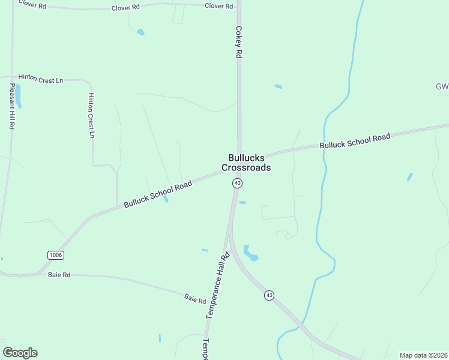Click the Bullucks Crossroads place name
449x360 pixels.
246,163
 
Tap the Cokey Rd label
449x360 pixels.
238,41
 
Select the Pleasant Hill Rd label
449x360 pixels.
11,107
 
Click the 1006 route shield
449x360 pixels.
56,255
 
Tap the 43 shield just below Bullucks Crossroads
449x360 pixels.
238,183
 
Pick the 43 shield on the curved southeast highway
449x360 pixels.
270,295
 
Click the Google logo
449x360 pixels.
20,353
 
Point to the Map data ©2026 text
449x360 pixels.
424,355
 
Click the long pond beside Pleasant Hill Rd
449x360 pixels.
18,95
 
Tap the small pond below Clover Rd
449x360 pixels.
140,32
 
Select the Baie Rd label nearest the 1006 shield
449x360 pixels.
59,275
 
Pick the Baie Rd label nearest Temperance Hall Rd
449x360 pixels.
195,298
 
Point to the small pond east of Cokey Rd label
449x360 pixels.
278,86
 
